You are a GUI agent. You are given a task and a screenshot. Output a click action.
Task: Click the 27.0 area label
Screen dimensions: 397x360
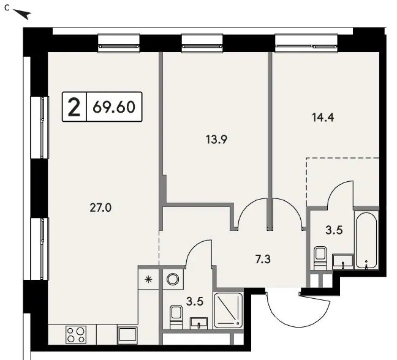100,208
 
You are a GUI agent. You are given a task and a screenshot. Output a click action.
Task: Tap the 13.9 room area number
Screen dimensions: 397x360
216,140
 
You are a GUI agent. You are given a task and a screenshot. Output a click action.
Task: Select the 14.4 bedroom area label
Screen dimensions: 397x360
323,118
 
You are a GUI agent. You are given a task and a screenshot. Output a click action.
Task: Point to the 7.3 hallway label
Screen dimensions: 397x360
263,260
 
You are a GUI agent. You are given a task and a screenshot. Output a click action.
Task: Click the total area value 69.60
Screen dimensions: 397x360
114,107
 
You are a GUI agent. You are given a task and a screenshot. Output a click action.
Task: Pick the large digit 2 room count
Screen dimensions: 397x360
74,107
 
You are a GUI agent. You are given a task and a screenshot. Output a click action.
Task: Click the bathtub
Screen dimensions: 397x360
366,241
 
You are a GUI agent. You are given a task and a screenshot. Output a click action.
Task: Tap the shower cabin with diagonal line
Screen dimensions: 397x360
229,310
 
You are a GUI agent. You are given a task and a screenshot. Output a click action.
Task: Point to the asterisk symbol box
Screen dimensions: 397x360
148,279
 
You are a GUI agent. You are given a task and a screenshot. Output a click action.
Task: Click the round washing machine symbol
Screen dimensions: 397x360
173,279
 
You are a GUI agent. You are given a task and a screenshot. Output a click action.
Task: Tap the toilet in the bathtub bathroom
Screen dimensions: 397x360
320,258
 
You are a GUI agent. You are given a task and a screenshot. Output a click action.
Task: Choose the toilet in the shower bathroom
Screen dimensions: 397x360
176,317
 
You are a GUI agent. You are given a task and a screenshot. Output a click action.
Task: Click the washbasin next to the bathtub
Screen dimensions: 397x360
343,261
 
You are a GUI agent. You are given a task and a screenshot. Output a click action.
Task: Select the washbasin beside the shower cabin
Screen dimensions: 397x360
198,323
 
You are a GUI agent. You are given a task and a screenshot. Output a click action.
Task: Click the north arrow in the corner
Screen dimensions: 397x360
22,14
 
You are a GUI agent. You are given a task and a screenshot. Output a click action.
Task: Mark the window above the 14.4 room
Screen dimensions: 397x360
306,43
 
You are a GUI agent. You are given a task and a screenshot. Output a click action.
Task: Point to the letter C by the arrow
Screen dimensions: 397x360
7,8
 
